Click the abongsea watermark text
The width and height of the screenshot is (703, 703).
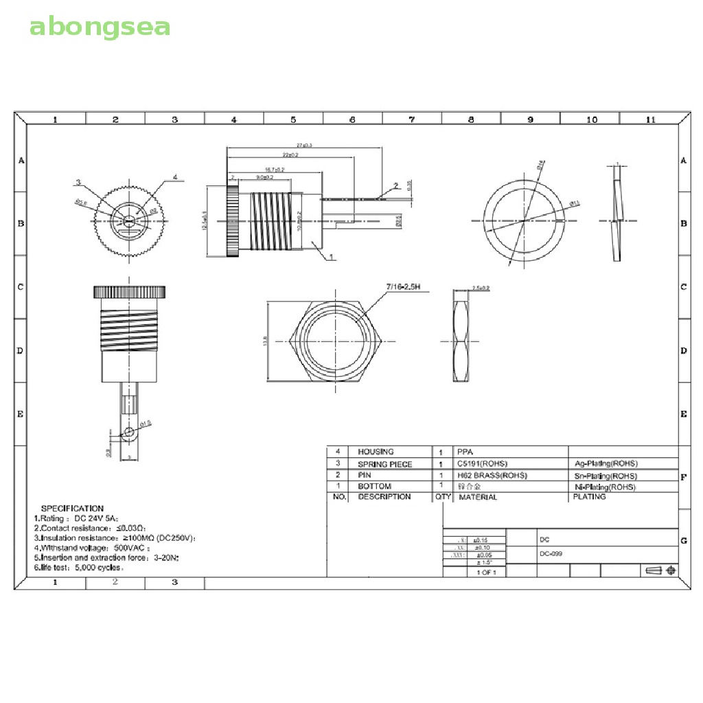(100, 27)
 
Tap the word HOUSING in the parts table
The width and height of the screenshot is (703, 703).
(376, 452)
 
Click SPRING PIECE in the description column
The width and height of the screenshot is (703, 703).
(384, 464)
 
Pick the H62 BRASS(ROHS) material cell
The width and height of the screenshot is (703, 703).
(492, 475)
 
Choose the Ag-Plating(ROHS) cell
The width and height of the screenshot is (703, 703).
(605, 463)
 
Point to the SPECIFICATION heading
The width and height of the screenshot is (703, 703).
(72, 509)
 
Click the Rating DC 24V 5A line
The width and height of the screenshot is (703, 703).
(77, 518)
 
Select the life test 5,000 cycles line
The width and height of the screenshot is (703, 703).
(79, 568)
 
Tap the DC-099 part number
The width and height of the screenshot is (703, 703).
(551, 553)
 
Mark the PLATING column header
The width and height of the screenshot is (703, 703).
(589, 496)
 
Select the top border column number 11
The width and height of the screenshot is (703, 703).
(650, 119)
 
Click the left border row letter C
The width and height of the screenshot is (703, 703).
(21, 287)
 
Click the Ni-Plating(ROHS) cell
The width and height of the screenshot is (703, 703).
(605, 487)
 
